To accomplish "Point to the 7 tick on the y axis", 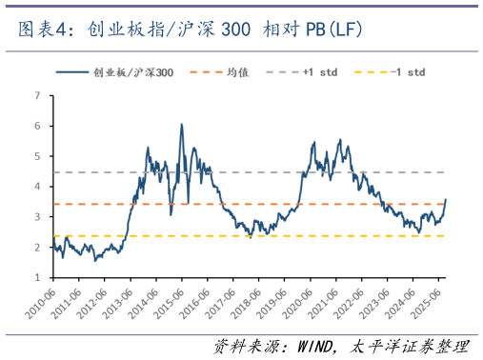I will (x=36, y=95).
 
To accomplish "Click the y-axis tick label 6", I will (x=36, y=126).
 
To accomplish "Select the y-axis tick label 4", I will (x=36, y=187).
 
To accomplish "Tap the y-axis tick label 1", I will (x=36, y=278).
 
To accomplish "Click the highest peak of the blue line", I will (x=181, y=124).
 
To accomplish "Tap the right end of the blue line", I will (x=446, y=199).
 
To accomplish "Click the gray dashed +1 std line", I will (x=286, y=172).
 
